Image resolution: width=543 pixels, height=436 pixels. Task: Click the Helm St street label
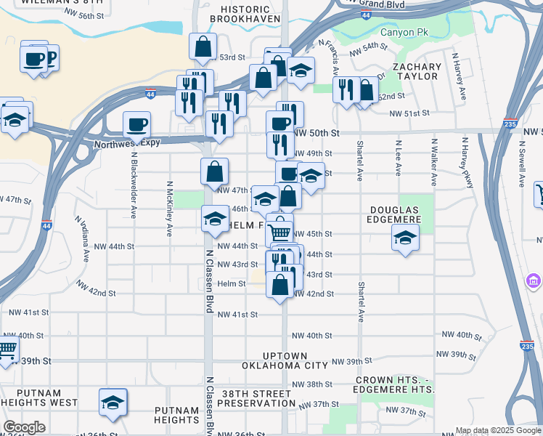coord(232,283)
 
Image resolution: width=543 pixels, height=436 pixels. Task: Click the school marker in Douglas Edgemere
coord(405,237)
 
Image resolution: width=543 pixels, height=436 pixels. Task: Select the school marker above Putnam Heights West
coord(113,402)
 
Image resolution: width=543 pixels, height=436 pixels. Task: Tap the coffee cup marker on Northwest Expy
coord(136,124)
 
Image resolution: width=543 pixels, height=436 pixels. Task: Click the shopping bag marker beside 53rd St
coord(203,47)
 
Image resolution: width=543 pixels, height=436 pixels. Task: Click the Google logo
coord(24,427)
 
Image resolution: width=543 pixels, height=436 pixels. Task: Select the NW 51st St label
coord(409,113)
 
